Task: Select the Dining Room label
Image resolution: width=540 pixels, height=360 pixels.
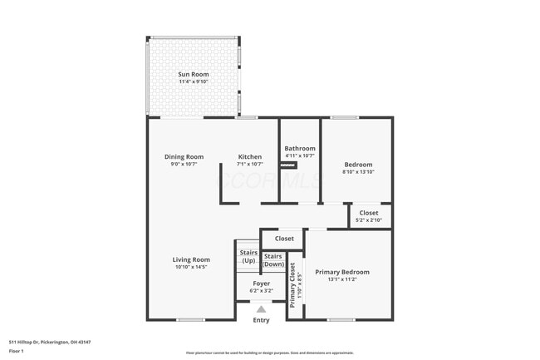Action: [x=184, y=156]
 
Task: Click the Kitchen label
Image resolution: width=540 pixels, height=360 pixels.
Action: [x=250, y=156]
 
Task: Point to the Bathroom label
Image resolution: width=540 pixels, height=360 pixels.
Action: [x=300, y=148]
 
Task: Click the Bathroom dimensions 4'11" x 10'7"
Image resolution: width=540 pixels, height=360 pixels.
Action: [x=300, y=155]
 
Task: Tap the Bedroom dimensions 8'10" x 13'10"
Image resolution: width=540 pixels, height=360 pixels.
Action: [x=358, y=172]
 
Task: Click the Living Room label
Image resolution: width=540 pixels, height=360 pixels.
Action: [x=191, y=259]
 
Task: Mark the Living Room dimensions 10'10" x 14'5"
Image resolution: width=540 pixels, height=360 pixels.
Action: [x=191, y=267]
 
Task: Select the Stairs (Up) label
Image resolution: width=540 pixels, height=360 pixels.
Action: [x=248, y=256]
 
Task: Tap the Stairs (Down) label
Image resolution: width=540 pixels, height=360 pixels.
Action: [x=273, y=259]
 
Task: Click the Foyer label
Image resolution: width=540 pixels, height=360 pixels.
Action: [x=262, y=284]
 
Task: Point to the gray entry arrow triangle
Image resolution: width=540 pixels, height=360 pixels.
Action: [x=261, y=308]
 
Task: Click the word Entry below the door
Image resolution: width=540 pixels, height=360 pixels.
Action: [x=261, y=320]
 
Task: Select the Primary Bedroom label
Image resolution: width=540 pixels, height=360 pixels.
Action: [x=342, y=272]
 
